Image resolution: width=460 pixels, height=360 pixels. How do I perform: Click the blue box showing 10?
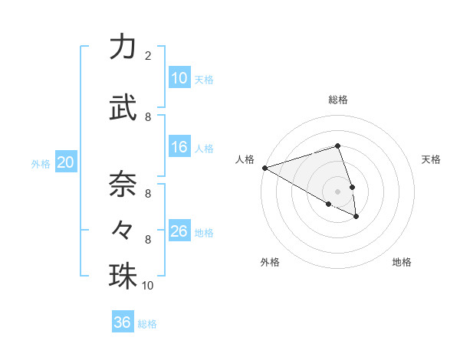click(x=179, y=78)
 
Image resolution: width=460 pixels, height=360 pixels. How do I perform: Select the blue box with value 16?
click(x=179, y=147)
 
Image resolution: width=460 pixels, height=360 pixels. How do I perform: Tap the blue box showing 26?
click(x=179, y=231)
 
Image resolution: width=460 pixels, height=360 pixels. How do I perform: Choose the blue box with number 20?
click(x=66, y=162)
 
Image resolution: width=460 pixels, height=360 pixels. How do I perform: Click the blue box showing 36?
click(x=123, y=322)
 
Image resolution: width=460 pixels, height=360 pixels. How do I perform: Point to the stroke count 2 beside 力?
click(x=147, y=56)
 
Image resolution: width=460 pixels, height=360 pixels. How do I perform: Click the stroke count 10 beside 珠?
click(x=148, y=286)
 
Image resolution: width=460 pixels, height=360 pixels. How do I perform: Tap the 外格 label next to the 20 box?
click(x=41, y=163)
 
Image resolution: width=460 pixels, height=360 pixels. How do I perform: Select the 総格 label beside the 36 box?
click(x=147, y=324)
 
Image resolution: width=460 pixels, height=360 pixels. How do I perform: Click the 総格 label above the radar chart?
click(x=337, y=100)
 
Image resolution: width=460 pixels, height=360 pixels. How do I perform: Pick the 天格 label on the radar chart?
click(x=431, y=159)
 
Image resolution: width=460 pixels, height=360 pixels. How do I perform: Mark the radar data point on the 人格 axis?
click(x=264, y=168)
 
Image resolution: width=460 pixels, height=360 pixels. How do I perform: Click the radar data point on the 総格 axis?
click(x=337, y=146)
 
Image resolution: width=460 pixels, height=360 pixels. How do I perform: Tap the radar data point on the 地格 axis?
click(x=356, y=217)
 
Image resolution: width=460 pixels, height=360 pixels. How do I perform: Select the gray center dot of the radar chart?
click(x=337, y=191)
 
